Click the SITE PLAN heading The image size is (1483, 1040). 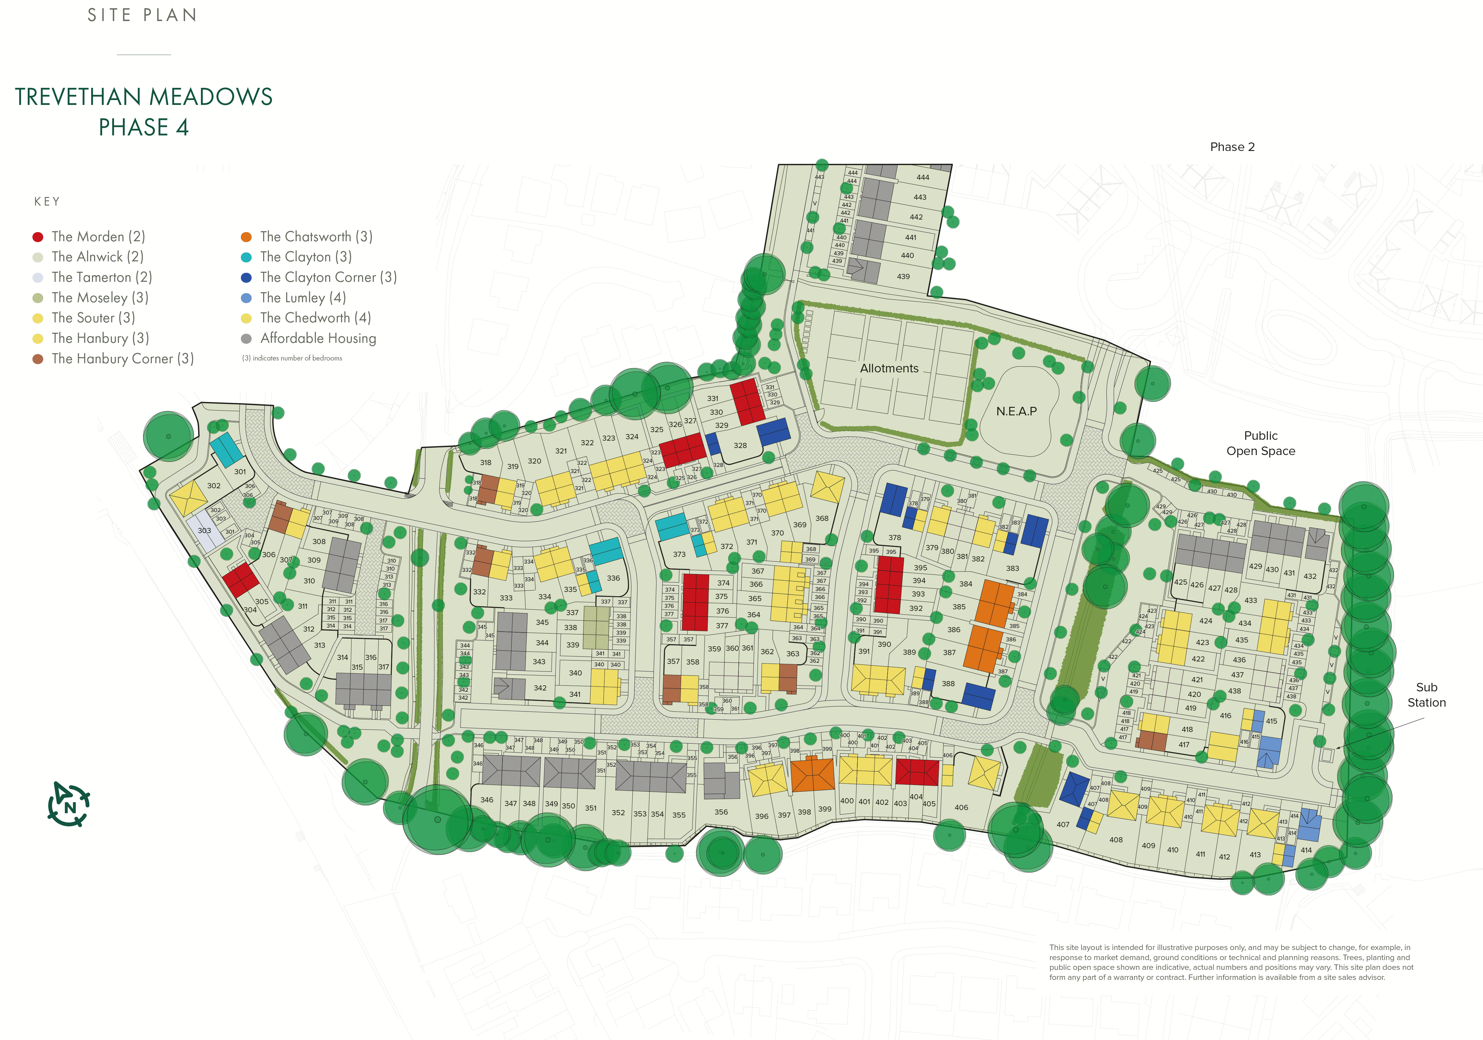point(142,15)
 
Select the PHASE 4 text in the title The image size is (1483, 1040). point(143,127)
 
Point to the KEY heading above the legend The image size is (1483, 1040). point(47,202)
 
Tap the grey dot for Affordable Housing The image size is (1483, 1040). point(246,339)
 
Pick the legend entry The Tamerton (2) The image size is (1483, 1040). point(102,277)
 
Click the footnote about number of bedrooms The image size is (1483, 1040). point(292,358)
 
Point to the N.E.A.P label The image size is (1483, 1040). point(1016,411)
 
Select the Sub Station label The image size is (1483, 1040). point(1426,694)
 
